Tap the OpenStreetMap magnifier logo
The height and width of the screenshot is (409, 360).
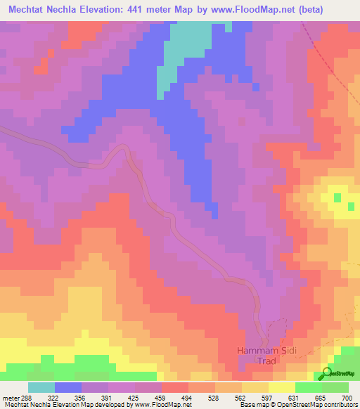tap(326, 373)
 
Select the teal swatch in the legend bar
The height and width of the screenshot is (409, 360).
tap(41, 387)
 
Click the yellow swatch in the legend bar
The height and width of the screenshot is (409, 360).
tap(282, 387)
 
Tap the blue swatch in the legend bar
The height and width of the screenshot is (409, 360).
tap(68, 387)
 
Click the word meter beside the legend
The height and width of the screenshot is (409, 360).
tap(10, 398)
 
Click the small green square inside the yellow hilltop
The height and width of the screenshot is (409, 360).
tap(337, 197)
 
